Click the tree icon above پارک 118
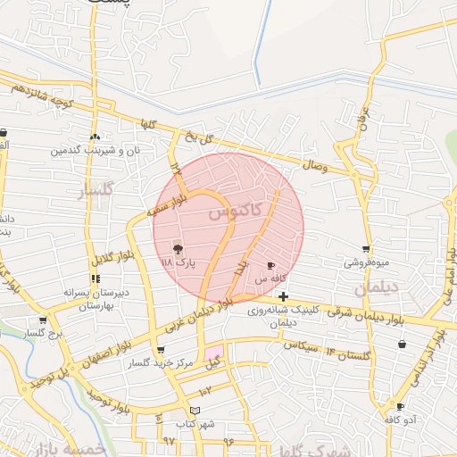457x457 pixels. [179, 249]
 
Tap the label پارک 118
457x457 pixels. [178, 264]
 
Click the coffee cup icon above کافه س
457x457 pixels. [271, 266]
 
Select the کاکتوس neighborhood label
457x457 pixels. [236, 212]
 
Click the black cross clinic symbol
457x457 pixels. [283, 296]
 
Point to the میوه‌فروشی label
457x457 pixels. [367, 263]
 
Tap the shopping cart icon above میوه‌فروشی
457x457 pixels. [366, 249]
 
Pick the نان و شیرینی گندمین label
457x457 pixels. [96, 151]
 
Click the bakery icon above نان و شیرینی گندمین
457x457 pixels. [95, 137]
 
